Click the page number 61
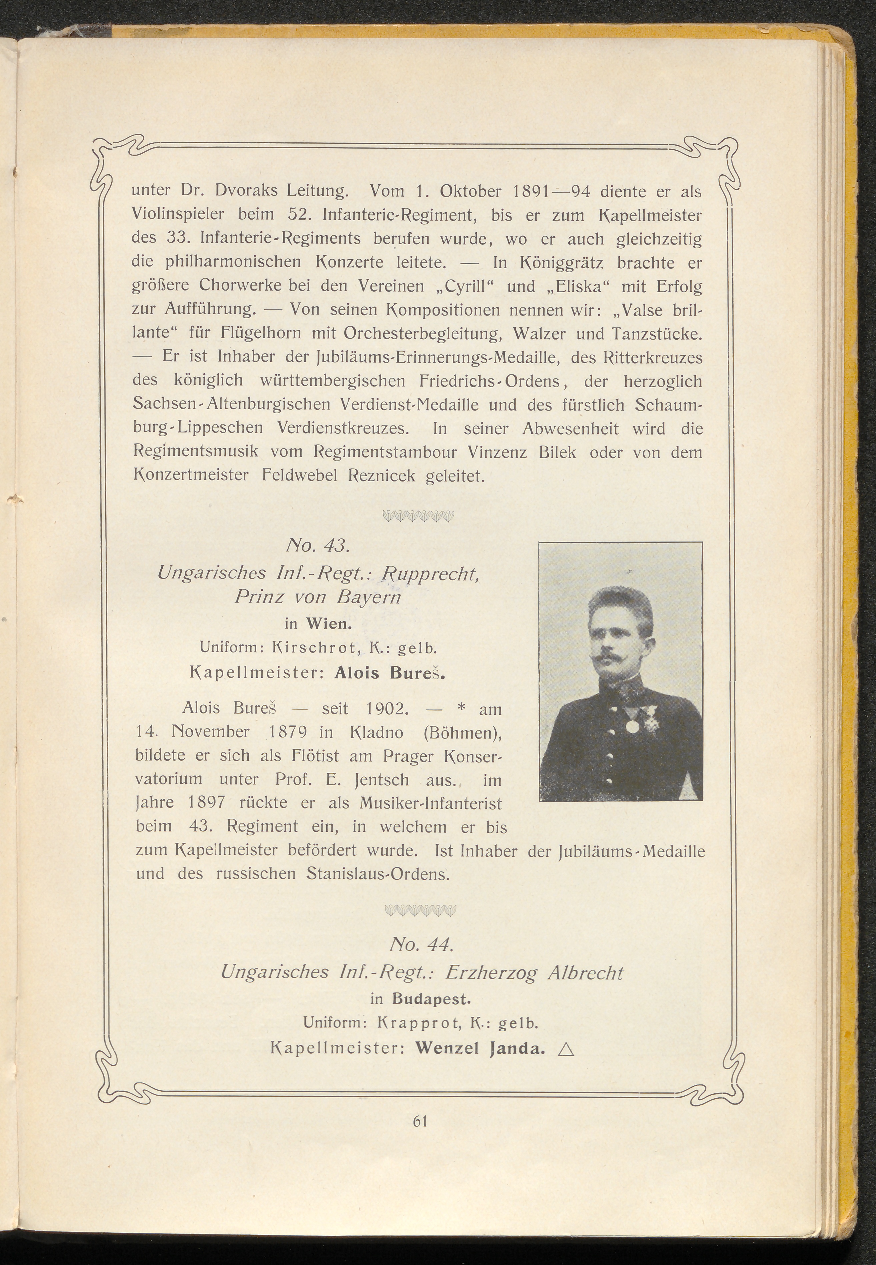420,1121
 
